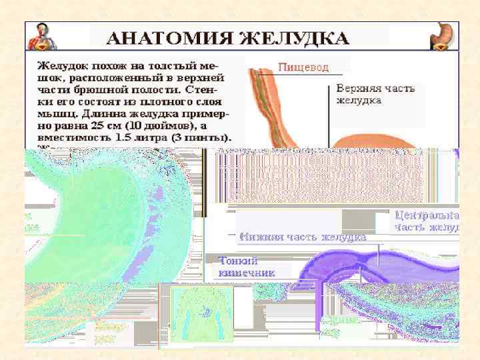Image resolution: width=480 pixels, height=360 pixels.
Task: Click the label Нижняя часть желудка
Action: [303, 237]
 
